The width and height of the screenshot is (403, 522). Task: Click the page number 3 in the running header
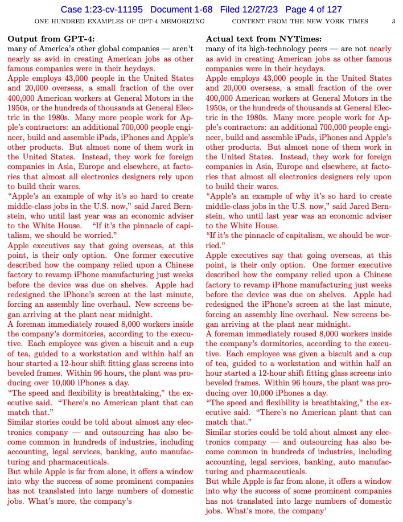coord(393,22)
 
